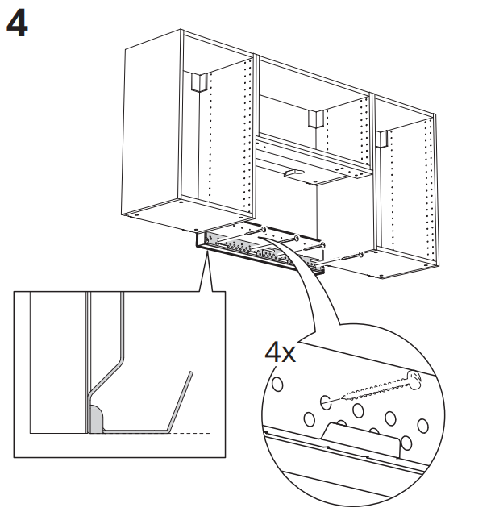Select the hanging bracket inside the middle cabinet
click(x=314, y=118)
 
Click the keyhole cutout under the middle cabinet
click(x=292, y=173)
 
